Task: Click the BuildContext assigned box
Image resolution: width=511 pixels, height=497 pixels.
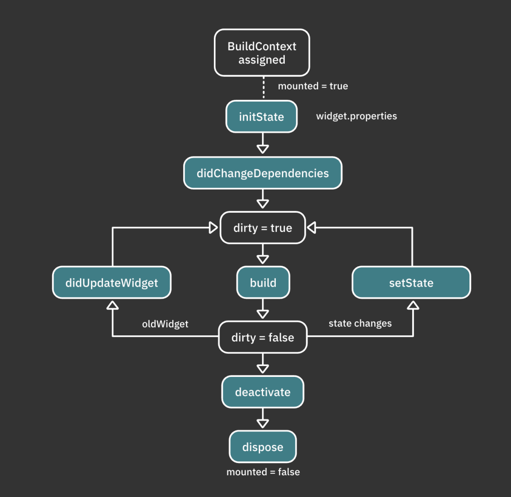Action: pos(262,53)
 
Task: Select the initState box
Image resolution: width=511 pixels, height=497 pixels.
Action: pos(261,117)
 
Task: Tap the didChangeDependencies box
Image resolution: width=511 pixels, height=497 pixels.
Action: pos(263,173)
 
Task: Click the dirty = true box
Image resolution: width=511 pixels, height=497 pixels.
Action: pos(263,228)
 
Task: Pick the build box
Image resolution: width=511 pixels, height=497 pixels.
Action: pos(263,283)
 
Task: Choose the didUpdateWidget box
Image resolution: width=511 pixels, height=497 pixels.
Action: pos(112,283)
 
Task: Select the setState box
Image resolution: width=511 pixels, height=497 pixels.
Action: pos(411,283)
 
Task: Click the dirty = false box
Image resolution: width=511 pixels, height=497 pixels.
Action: pos(263,338)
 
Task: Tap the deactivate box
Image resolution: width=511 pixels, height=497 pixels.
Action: pos(263,392)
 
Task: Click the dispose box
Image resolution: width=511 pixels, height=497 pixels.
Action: pos(263,447)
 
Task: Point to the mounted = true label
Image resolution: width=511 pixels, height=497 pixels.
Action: pos(313,86)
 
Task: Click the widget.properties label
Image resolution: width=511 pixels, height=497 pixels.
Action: pos(356,116)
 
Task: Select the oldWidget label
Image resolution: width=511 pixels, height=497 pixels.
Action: pos(165,324)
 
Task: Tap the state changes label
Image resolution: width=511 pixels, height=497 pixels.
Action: pos(360,323)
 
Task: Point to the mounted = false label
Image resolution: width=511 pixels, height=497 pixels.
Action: pos(263,472)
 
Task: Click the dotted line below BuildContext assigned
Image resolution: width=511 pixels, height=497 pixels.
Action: pos(263,88)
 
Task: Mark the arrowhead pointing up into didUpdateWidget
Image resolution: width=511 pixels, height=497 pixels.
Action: pos(112,305)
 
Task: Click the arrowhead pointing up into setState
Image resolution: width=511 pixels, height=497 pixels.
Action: pos(413,305)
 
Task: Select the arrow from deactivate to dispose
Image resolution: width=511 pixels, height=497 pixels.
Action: pos(263,419)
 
